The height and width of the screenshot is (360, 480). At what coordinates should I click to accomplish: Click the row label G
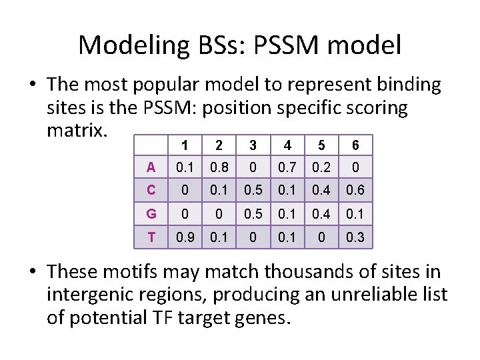[x=151, y=214]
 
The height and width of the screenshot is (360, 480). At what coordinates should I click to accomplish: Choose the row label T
[x=151, y=237]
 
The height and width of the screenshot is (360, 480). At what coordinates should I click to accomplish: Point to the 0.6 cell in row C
[x=355, y=191]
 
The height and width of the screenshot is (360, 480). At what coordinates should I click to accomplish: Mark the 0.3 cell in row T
[x=355, y=237]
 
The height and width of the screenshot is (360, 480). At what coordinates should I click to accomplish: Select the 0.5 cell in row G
[x=253, y=214]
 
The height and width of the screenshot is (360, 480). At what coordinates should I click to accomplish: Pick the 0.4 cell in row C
[x=321, y=191]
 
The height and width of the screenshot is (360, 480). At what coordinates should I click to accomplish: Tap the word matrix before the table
[x=76, y=129]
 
